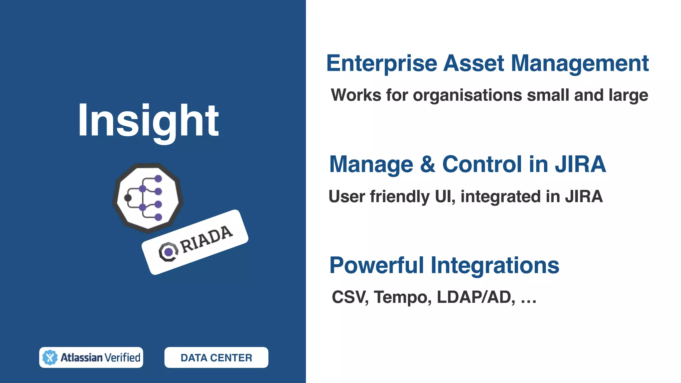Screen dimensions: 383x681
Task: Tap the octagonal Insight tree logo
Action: [148, 198]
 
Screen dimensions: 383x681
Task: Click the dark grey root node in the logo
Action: [128, 198]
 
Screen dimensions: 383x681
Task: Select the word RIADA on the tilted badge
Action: [206, 239]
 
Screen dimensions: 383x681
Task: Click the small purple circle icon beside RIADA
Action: [169, 252]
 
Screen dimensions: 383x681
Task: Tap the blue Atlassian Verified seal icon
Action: [50, 357]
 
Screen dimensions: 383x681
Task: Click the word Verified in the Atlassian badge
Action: [122, 357]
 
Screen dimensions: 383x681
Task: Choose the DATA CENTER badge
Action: [216, 357]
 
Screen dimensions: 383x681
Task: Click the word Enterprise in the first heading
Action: [381, 63]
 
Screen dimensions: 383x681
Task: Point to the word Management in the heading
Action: [579, 63]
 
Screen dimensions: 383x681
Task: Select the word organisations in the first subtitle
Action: [468, 95]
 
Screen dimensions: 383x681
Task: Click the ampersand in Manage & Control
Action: [428, 164]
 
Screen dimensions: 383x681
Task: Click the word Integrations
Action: [495, 265]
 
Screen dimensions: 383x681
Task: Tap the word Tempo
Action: [402, 297]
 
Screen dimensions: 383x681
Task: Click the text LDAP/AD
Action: [476, 297]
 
